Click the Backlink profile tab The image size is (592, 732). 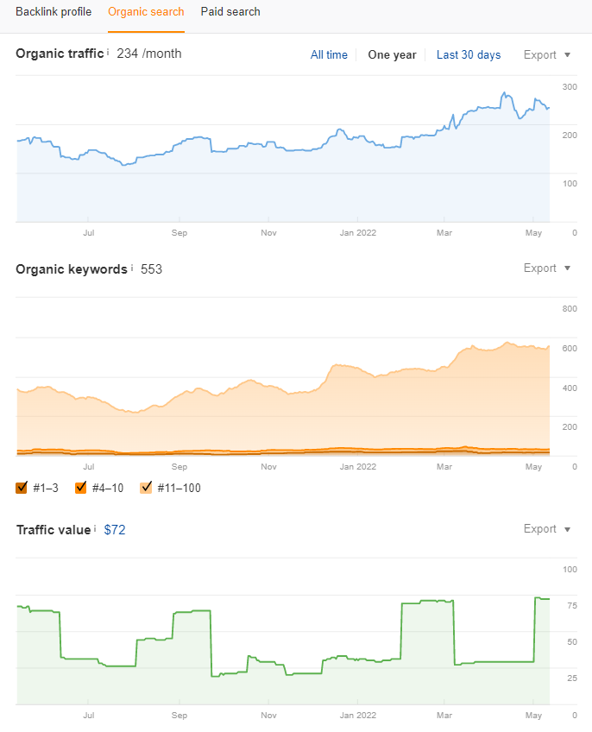point(54,12)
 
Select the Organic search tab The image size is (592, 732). point(146,12)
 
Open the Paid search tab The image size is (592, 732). point(230,12)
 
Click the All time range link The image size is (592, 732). point(329,55)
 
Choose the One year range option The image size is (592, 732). point(392,55)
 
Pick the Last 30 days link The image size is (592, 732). point(469,55)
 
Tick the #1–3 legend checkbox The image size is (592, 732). point(22,488)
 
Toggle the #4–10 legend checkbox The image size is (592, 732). point(81,488)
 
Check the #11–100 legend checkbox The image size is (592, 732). point(145,488)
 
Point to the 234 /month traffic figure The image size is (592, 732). point(149,54)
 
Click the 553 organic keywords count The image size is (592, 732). point(152,269)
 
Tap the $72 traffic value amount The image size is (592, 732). point(115,530)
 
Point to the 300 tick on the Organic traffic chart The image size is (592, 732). point(570,87)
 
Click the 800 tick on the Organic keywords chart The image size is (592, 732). point(570,309)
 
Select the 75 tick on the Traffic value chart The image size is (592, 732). point(571,606)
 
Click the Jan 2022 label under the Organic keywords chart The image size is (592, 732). point(357,467)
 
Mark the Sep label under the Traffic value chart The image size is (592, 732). point(179,716)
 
